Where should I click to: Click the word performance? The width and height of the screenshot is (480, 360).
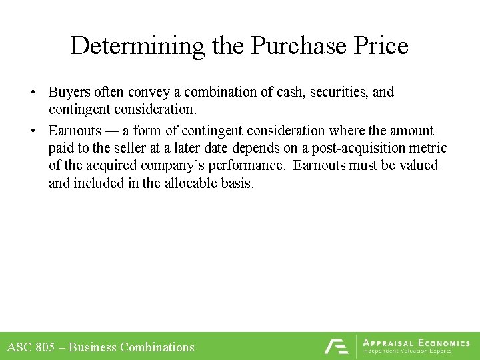[247, 165]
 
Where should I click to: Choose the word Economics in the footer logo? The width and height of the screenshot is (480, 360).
[444, 343]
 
